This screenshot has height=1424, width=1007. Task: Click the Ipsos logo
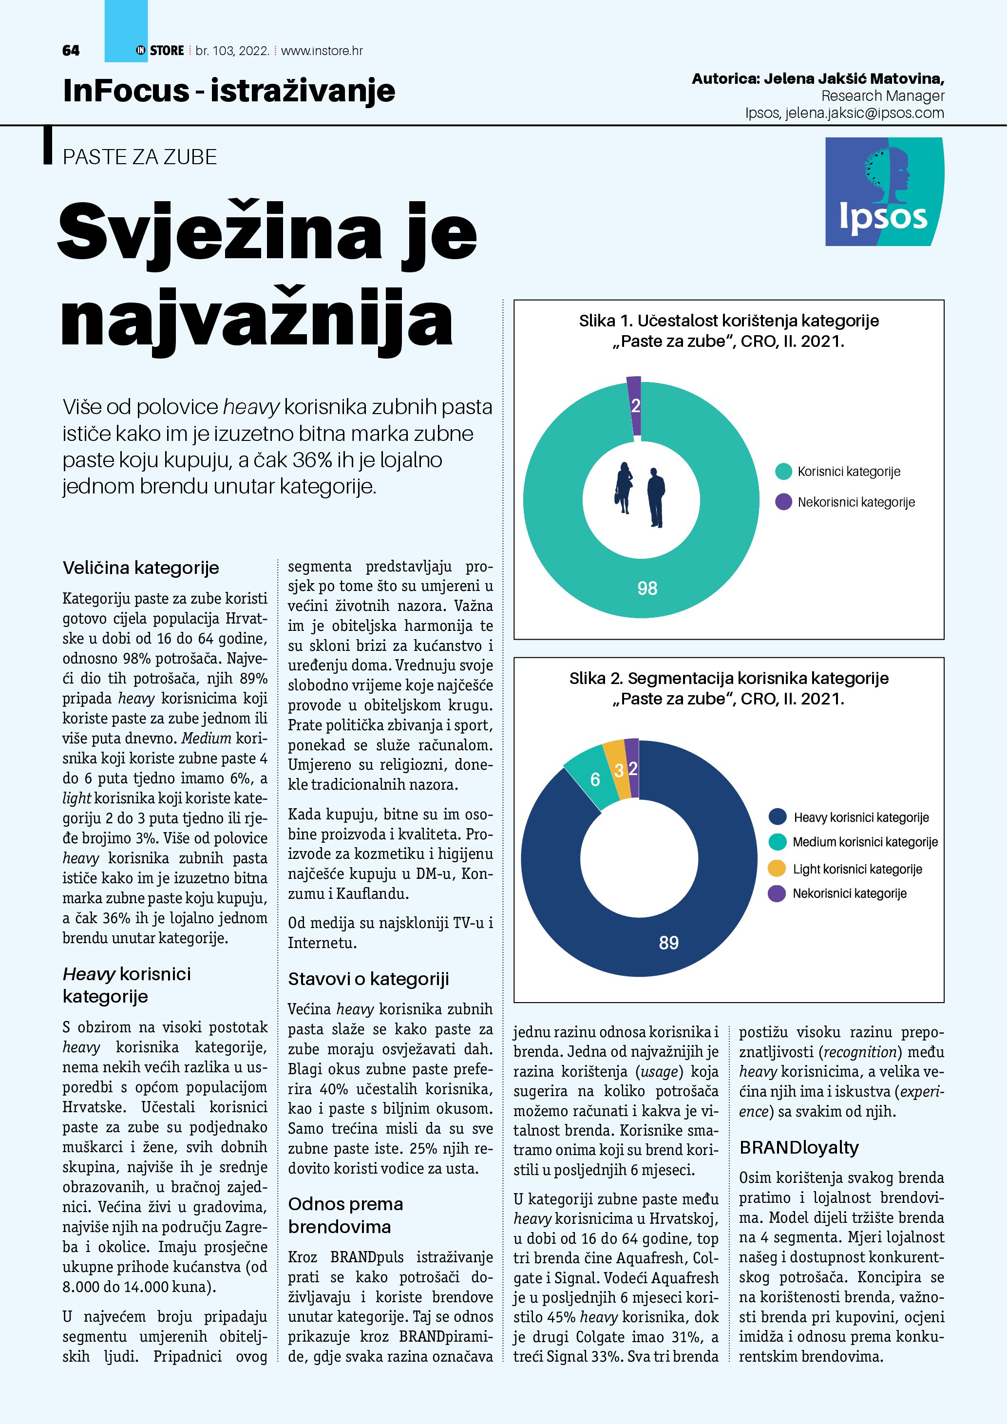click(884, 191)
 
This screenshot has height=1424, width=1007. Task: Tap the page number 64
click(71, 51)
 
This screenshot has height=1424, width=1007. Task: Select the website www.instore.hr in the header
click(322, 51)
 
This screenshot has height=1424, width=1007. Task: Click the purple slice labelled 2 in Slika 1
click(634, 406)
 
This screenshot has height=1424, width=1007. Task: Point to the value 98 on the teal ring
click(647, 588)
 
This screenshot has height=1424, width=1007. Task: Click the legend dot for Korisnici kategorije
click(784, 472)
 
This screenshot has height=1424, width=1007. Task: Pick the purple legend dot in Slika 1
click(784, 502)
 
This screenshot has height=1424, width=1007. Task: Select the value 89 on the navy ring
click(668, 943)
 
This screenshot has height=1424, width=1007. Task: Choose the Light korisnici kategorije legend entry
click(857, 869)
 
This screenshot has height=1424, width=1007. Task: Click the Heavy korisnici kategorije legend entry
click(861, 817)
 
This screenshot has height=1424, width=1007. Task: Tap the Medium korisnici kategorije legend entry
click(864, 842)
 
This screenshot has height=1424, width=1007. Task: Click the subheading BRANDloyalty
click(798, 1147)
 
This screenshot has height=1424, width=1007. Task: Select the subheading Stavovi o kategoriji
click(368, 979)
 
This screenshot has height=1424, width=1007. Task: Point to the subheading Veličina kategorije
click(141, 568)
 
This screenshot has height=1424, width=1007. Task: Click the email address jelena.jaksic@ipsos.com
click(864, 113)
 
